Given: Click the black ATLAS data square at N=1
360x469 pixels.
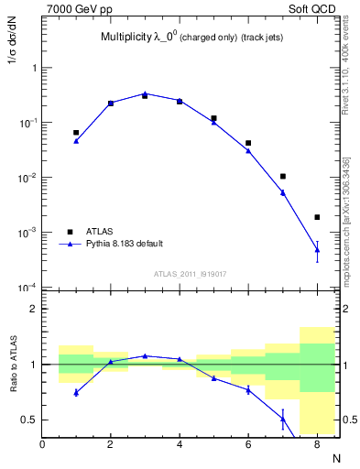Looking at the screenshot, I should pyautogui.click(x=76, y=133).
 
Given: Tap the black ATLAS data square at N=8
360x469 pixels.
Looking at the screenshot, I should pyautogui.click(x=317, y=217).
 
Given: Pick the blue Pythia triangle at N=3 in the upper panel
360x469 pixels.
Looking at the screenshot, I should pyautogui.click(x=145, y=93).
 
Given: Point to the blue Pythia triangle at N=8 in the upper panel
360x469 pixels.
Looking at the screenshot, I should pyautogui.click(x=317, y=250).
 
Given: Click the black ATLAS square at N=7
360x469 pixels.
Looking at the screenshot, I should pyautogui.click(x=283, y=176).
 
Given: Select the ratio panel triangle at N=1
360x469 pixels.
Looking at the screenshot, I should pyautogui.click(x=76, y=392).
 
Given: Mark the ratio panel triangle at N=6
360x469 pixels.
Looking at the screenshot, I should pyautogui.click(x=248, y=390).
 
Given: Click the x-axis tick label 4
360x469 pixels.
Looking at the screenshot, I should pyautogui.click(x=180, y=445).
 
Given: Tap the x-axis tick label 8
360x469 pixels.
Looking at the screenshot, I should pyautogui.click(x=317, y=445).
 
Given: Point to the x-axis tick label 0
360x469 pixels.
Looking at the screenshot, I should pyautogui.click(x=42, y=445).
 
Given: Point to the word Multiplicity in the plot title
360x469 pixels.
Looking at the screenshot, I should pyautogui.click(x=128, y=38).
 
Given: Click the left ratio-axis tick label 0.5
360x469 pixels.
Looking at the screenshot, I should pyautogui.click(x=31, y=420).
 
